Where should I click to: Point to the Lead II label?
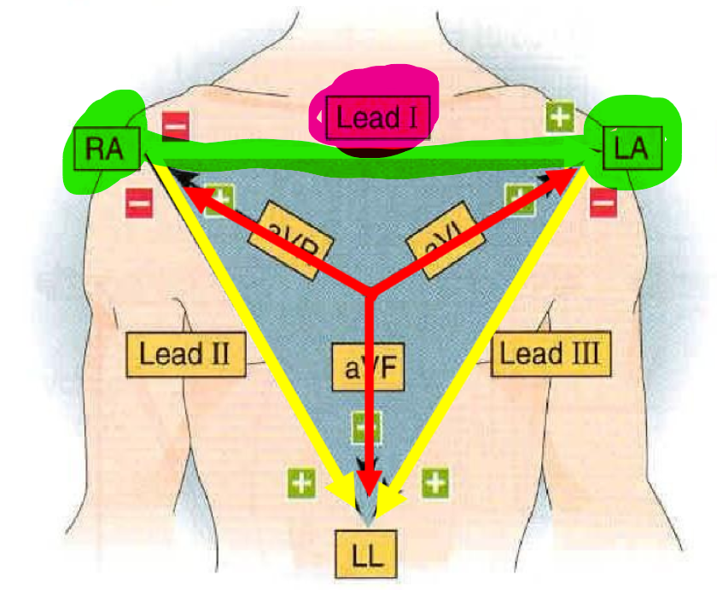pyautogui.click(x=184, y=353)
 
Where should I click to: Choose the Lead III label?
pyautogui.click(x=551, y=353)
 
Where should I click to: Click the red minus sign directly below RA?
pyautogui.click(x=138, y=203)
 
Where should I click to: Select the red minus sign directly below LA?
pyautogui.click(x=603, y=203)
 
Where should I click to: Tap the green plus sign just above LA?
pyautogui.click(x=559, y=116)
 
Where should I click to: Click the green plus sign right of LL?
pyautogui.click(x=435, y=483)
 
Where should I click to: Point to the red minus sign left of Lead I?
pyautogui.click(x=175, y=126)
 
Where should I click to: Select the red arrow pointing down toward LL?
pyautogui.click(x=369, y=401)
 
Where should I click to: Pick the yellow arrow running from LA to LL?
pyautogui.click(x=487, y=333)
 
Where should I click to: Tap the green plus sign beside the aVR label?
pyautogui.click(x=220, y=197)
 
